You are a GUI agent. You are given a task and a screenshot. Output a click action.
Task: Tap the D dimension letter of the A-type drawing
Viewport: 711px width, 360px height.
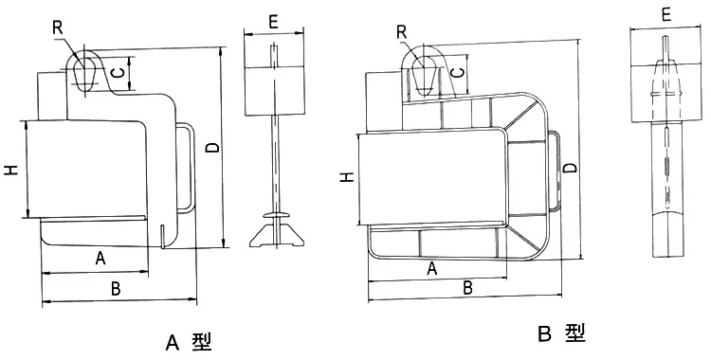coord(211,147)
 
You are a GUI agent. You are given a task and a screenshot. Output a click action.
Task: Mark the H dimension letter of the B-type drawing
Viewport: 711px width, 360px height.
coord(348,176)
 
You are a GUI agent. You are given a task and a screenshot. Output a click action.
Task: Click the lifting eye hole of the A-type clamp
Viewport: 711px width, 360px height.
coord(84,71)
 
